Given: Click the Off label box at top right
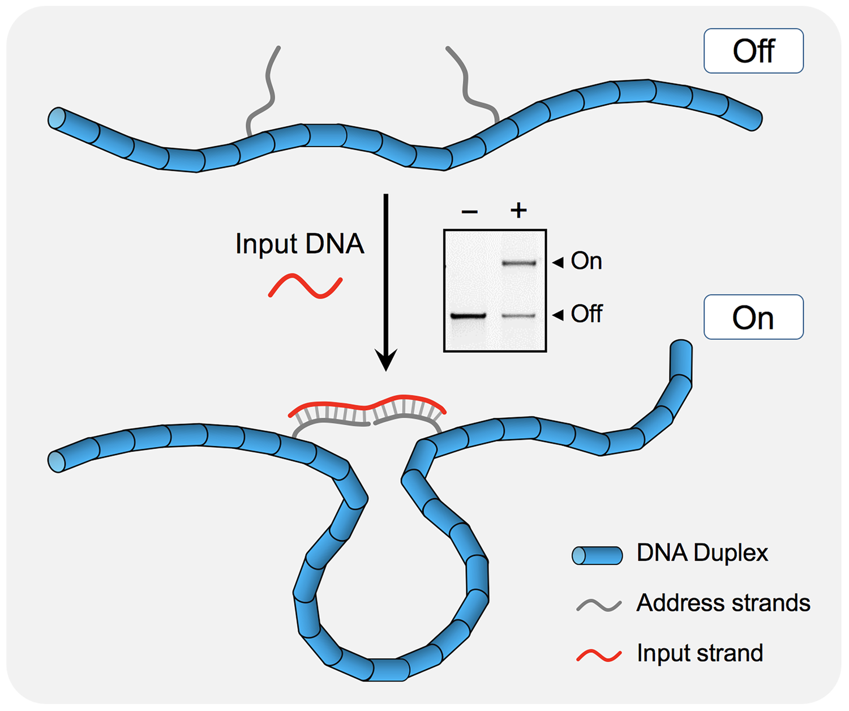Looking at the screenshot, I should tap(753, 51).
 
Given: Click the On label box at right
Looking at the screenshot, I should tap(753, 317).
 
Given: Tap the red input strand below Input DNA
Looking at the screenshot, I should tap(305, 286).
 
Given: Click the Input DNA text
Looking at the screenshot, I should tap(299, 244).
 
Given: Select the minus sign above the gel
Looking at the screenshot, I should tap(470, 212).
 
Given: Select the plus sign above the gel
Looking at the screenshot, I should tap(518, 211).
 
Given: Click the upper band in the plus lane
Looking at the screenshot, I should tap(519, 263).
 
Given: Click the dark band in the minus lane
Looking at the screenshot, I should tap(469, 316).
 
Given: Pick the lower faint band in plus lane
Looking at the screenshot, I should tap(519, 316).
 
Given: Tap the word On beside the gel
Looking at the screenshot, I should tap(586, 261).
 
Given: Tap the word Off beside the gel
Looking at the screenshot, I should tap(586, 314).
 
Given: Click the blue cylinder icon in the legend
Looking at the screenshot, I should tap(597, 555).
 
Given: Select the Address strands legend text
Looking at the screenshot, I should tap(723, 603).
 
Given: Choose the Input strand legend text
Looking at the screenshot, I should tap(700, 653).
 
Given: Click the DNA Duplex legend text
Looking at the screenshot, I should tap(702, 553).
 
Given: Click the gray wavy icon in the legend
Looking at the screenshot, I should tap(599, 605).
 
